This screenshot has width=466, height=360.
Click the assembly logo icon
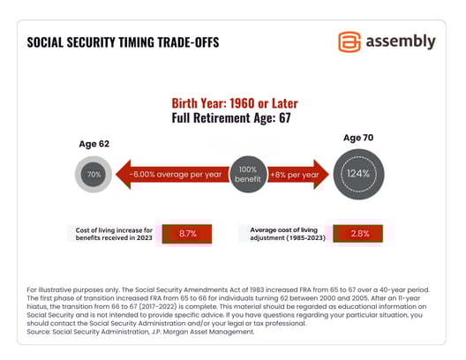pos(349,41)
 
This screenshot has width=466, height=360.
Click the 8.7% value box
pos(187,234)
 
